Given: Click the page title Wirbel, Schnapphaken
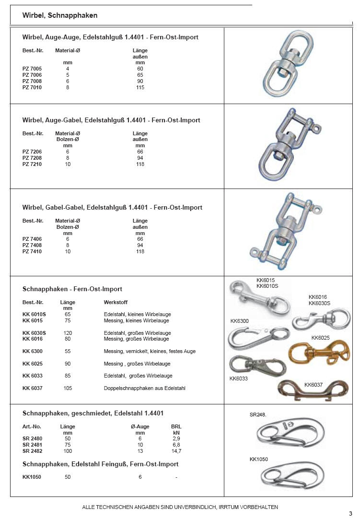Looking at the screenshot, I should click(60, 15).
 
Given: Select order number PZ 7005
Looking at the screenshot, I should click(32, 69).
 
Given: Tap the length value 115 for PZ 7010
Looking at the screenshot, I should click(140, 87).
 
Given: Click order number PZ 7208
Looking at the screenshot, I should click(32, 158).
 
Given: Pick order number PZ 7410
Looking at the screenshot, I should click(32, 251).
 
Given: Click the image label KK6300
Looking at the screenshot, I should click(240, 321).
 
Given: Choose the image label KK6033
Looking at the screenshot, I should click(238, 378).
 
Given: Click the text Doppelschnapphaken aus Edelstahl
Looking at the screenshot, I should click(145, 388).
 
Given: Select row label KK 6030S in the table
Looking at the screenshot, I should click(35, 333).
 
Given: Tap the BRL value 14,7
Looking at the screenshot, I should click(176, 451).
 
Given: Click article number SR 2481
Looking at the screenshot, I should click(32, 445).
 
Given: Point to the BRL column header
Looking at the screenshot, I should click(176, 426).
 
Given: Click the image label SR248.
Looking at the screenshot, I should click(258, 415).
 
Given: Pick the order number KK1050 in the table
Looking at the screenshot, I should click(32, 477).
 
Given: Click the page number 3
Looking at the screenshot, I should click(350, 514).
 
